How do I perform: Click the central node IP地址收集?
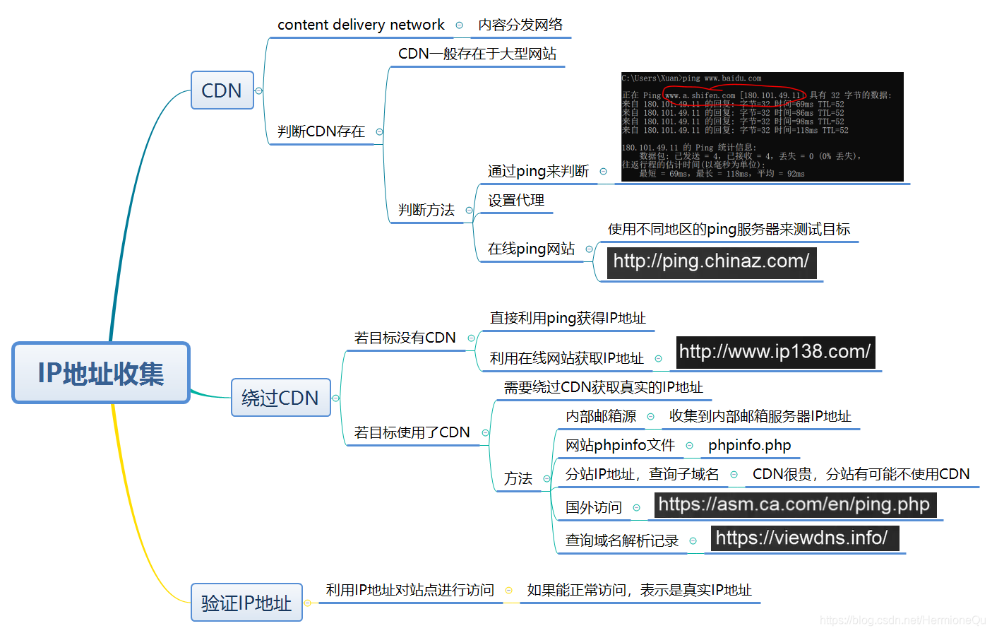pos(101,373)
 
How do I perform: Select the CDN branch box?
pos(222,90)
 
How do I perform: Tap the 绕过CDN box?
pos(280,398)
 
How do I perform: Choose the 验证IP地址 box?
pos(246,603)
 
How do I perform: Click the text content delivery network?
pos(361,25)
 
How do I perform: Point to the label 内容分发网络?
pos(520,25)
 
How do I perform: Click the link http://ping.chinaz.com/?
pos(711,261)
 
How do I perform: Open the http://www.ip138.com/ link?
pos(775,352)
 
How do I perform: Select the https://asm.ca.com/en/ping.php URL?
pos(794,504)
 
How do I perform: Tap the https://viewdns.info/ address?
pos(802,538)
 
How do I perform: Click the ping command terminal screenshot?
pos(762,126)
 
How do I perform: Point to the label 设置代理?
pos(516,201)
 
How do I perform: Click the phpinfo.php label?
pos(749,446)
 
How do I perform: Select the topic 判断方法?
pos(426,210)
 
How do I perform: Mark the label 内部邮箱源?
pos(601,417)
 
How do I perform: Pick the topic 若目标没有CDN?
pos(405,338)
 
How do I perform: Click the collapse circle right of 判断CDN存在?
pos(379,132)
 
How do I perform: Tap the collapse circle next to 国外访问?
pos(636,508)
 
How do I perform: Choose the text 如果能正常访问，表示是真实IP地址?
pos(639,591)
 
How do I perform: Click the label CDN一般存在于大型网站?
pos(477,54)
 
